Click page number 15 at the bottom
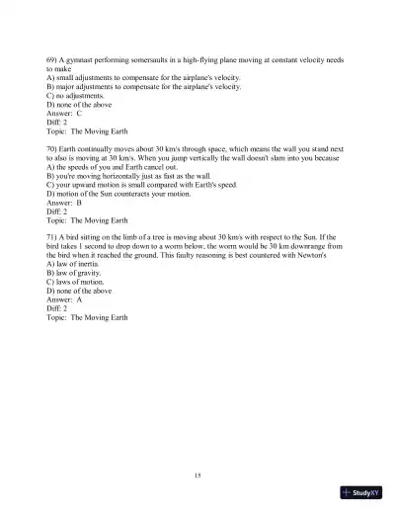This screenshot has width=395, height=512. pyautogui.click(x=198, y=476)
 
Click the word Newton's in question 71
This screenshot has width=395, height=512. pyautogui.click(x=325, y=255)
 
